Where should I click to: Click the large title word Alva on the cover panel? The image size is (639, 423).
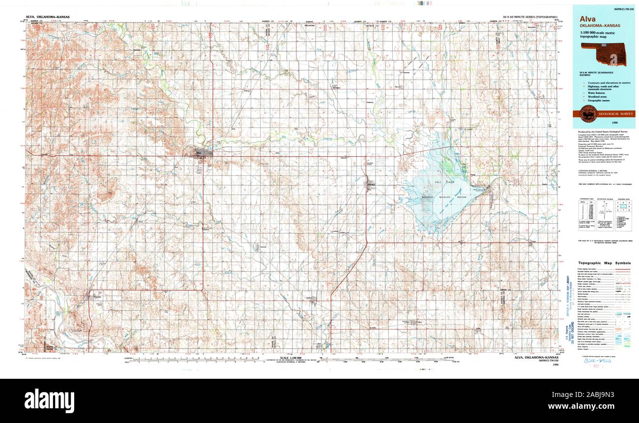tap(588, 20)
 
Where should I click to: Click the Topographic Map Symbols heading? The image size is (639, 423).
tap(604, 263)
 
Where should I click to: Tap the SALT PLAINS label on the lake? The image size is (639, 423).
tap(439, 182)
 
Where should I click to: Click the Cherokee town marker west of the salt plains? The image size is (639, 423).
tap(372, 184)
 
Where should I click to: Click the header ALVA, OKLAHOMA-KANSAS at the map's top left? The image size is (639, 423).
tap(47, 17)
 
